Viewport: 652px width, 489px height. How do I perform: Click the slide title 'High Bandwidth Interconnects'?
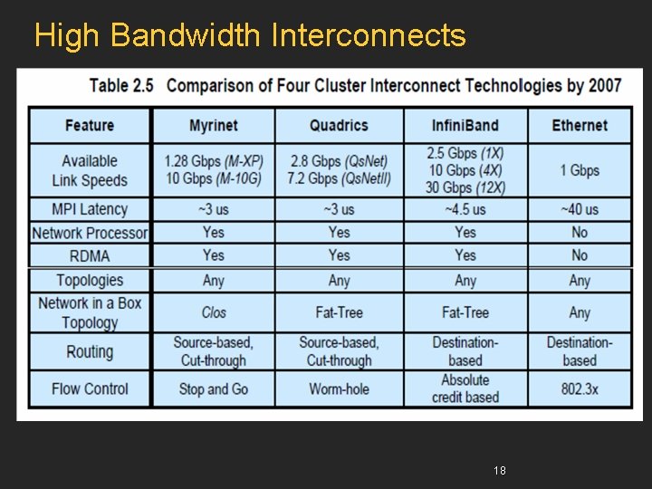point(250,35)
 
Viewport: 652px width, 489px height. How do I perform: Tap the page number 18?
point(499,470)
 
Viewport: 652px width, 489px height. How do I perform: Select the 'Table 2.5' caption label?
point(121,86)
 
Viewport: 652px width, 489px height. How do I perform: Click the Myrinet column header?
point(214,125)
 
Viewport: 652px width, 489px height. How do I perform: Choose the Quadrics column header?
point(339,125)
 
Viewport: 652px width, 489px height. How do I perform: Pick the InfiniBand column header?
point(465,125)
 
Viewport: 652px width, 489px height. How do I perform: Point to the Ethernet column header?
point(580,125)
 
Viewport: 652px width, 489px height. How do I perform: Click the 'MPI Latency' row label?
point(90,209)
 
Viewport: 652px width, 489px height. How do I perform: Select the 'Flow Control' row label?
point(90,388)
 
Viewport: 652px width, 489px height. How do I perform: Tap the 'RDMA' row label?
point(90,255)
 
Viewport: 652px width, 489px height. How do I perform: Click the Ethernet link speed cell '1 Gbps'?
point(580,170)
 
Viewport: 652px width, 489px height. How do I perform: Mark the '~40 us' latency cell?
point(580,209)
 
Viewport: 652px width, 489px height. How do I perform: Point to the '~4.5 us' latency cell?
point(465,209)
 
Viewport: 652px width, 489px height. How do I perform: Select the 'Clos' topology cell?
point(214,312)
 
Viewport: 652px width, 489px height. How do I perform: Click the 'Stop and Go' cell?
point(214,389)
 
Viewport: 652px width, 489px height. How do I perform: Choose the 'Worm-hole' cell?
point(339,389)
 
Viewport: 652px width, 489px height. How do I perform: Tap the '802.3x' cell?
point(580,389)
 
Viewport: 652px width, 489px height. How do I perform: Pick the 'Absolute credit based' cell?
point(465,388)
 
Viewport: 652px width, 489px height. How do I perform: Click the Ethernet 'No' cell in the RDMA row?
point(580,255)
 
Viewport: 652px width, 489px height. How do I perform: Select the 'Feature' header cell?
point(90,125)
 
